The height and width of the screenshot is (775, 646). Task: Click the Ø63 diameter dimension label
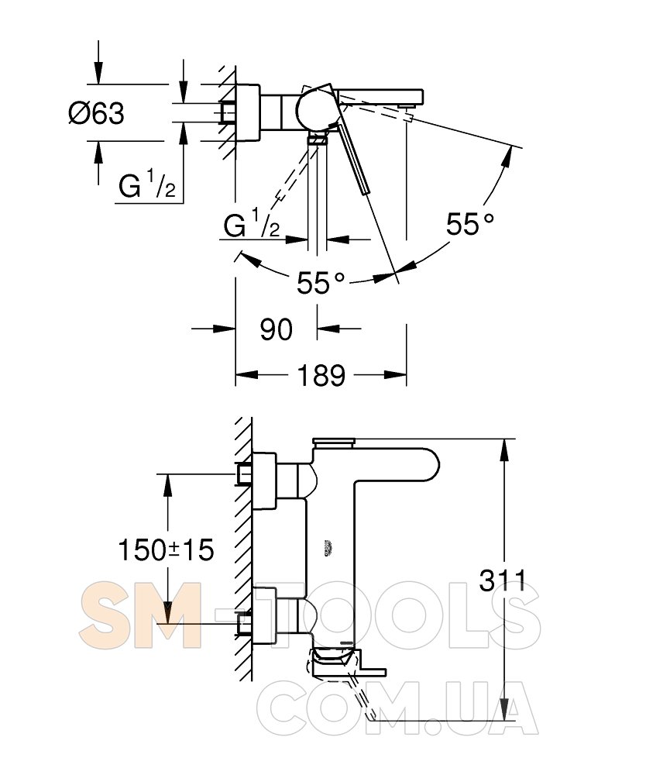96,113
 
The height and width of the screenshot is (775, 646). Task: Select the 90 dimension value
276,329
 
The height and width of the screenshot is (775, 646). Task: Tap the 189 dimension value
321,375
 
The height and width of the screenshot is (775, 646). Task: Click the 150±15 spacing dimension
166,549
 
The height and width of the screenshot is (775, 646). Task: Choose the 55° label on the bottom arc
321,283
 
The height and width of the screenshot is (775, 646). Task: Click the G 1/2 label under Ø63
146,185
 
